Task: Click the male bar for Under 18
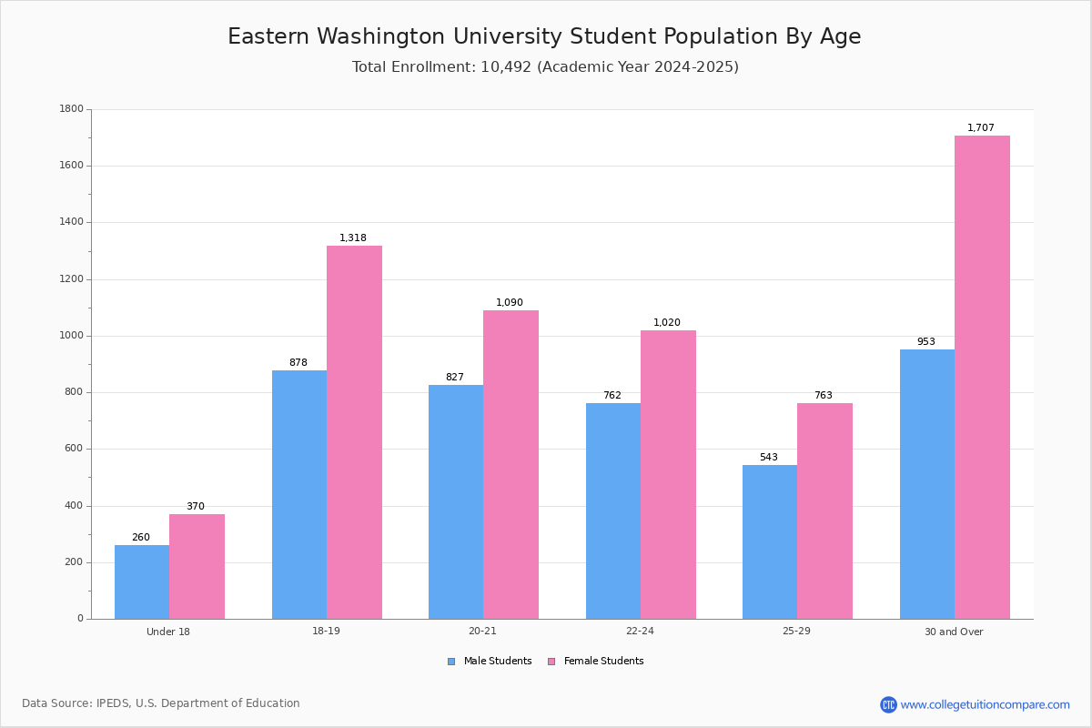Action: pyautogui.click(x=142, y=582)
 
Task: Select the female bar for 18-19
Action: pyautogui.click(x=354, y=432)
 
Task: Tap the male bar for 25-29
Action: pyautogui.click(x=770, y=542)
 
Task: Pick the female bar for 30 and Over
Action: pyautogui.click(x=982, y=378)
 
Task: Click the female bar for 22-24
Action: pyautogui.click(x=668, y=475)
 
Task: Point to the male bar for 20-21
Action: pyautogui.click(x=456, y=502)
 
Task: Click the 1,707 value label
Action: pyautogui.click(x=980, y=127)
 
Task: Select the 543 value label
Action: pyautogui.click(x=769, y=457)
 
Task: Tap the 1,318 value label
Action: pyautogui.click(x=352, y=238)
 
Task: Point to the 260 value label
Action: pyautogui.click(x=141, y=537)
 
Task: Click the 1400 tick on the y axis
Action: pyautogui.click(x=72, y=222)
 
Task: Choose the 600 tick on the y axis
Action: pyautogui.click(x=74, y=449)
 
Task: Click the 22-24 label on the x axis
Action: pyautogui.click(x=640, y=631)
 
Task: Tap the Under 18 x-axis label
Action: pyautogui.click(x=168, y=632)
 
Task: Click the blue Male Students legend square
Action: pyautogui.click(x=451, y=662)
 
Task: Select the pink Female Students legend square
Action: pyautogui.click(x=551, y=662)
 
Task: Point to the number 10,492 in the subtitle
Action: pyautogui.click(x=506, y=66)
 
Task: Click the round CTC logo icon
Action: pyautogui.click(x=888, y=704)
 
